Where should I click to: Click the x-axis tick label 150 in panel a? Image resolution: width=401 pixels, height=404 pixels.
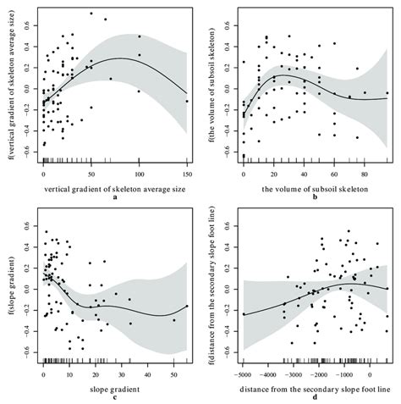click(x=186, y=172)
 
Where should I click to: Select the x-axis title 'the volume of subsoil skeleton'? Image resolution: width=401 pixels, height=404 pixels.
click(x=315, y=184)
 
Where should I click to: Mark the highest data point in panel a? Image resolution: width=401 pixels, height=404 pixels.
click(x=91, y=14)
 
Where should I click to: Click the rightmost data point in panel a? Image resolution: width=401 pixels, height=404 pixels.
click(x=187, y=101)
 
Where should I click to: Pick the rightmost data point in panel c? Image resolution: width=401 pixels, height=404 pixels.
click(x=187, y=307)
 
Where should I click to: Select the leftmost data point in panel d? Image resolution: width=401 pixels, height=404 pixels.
click(x=244, y=314)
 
